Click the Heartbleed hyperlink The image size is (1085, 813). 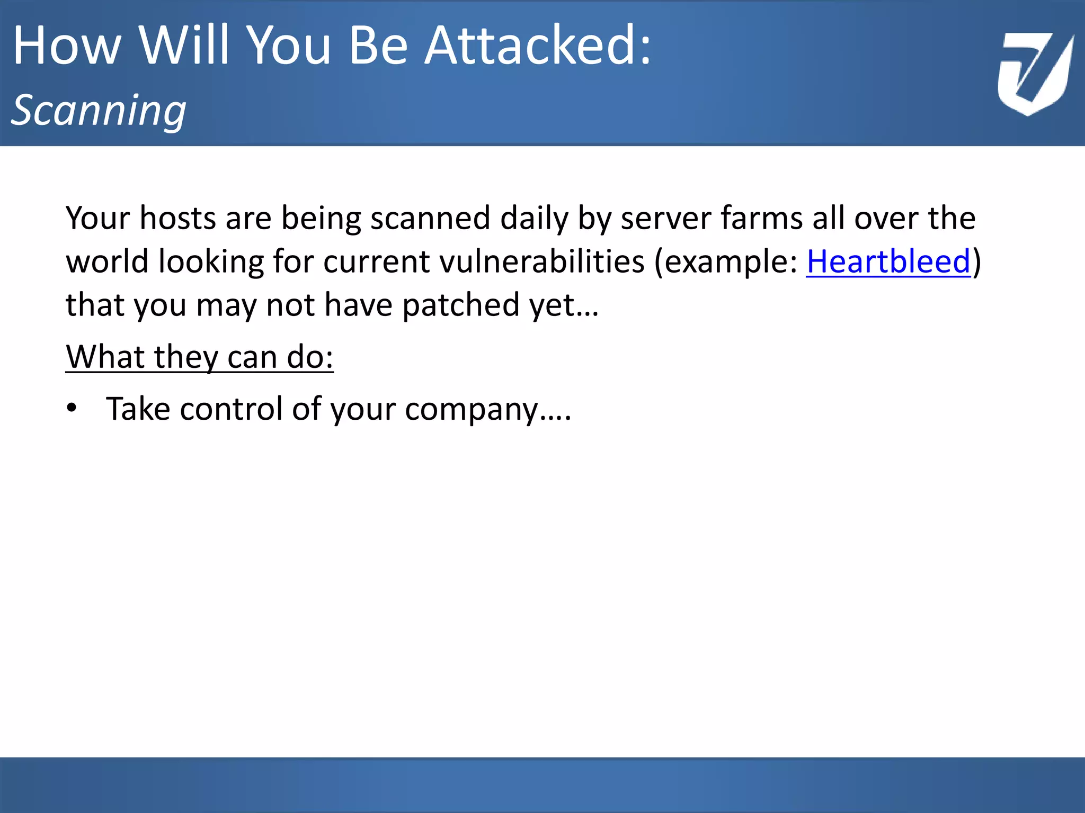tap(888, 262)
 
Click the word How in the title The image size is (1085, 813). tap(67, 47)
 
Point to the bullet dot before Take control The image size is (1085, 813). tap(72, 409)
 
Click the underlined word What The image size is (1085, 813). tap(105, 357)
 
